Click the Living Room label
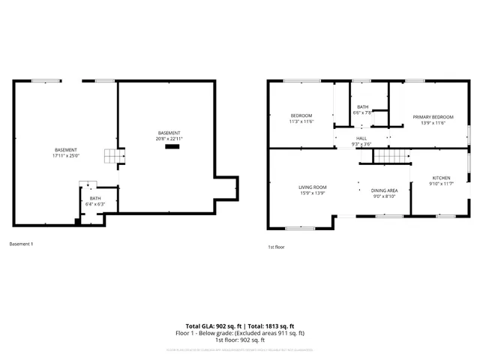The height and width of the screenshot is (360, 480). point(312,187)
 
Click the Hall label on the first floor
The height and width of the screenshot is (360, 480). point(361,138)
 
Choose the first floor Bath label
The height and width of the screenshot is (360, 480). point(362,107)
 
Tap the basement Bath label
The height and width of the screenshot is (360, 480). point(95,198)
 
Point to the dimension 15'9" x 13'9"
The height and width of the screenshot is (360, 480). point(312,193)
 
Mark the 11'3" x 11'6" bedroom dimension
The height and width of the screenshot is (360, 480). point(301,121)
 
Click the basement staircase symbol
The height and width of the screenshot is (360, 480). point(112,156)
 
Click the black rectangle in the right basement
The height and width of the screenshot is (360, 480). point(172,146)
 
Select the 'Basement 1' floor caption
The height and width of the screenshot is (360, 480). point(21,244)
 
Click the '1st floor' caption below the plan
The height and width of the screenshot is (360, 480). point(276,247)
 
